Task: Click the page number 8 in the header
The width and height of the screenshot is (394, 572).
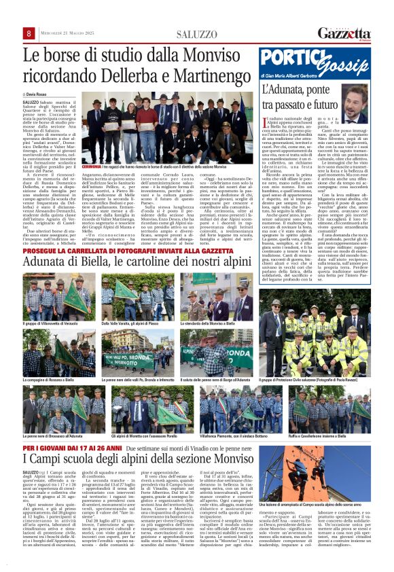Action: point(30,34)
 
